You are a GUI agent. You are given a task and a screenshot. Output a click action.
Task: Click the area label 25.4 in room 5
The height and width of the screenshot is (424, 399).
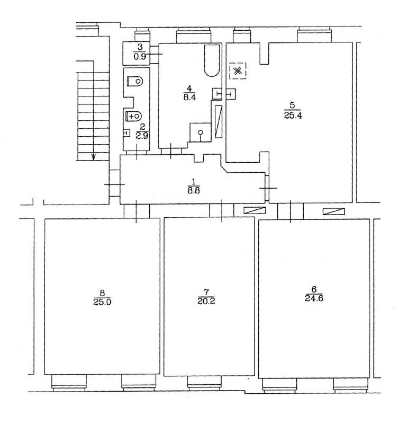coord(293,116)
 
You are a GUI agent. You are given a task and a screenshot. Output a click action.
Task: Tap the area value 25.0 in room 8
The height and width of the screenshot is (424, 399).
coord(102,302)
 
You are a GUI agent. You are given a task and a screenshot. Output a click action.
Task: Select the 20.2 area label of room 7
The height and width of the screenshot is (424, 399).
coord(206,301)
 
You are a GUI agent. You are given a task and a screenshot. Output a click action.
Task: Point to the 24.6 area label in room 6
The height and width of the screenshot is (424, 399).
coord(314,298)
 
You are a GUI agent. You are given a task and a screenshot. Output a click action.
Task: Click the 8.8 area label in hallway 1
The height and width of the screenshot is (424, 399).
coord(194,190)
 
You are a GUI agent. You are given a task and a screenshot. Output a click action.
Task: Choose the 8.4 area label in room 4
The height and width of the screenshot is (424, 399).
coord(189,97)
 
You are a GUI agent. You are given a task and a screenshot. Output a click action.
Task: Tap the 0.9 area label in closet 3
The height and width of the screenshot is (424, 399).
coord(140,56)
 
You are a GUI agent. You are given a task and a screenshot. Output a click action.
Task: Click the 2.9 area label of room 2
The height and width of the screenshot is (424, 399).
coord(142,136)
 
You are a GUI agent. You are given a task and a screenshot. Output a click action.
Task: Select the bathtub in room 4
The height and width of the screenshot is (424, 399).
coord(212,60)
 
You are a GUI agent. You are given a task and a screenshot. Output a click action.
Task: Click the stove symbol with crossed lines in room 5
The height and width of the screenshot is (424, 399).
coord(238,71)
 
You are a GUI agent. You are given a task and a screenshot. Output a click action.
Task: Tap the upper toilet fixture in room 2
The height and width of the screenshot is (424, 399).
coord(135,81)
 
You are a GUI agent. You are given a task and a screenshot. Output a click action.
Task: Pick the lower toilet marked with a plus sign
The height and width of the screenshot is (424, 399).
coord(134,116)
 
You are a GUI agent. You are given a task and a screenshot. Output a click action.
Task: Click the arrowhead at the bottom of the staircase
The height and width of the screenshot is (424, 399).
coord(94,157)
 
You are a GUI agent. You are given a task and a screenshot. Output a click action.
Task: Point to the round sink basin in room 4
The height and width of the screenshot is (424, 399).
coord(201,132)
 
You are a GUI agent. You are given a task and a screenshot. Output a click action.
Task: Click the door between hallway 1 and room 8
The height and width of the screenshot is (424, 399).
coord(137,211)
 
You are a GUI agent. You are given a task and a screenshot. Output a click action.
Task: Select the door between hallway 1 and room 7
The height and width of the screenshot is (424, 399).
coord(222,210)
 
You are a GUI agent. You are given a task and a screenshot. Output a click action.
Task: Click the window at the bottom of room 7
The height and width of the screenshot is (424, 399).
coord(204,383)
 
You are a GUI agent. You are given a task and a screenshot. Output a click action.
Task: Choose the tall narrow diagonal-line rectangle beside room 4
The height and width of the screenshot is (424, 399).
coord(219,122)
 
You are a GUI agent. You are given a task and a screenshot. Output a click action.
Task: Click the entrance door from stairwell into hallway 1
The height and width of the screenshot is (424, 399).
coord(114,184)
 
